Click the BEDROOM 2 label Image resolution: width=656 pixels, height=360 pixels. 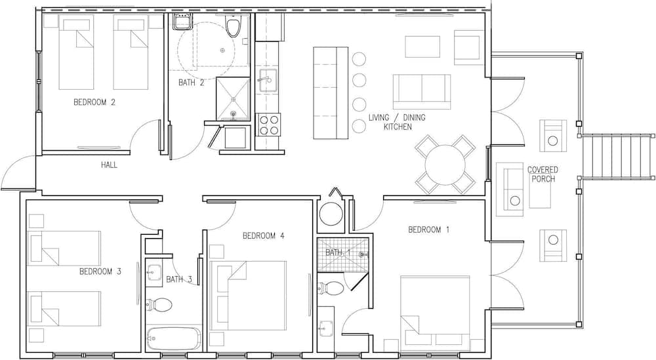(x=94, y=102)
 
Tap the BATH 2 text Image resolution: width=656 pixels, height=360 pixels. (x=191, y=83)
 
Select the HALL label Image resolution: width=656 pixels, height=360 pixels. (x=109, y=165)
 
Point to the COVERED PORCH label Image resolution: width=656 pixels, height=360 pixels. (x=543, y=174)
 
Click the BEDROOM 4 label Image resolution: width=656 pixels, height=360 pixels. (x=263, y=236)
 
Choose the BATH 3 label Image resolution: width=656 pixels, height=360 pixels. (x=178, y=279)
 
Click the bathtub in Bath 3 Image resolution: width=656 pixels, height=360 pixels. (x=174, y=338)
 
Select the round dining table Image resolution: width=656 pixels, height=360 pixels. (x=445, y=165)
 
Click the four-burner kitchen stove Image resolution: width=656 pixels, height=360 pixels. (x=268, y=125)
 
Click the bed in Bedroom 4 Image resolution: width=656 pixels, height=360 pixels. (x=249, y=296)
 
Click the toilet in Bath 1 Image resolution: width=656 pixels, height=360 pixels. (x=331, y=289)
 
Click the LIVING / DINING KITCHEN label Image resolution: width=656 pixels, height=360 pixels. (x=397, y=122)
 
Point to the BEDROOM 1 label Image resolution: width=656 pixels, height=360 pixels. (x=428, y=230)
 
